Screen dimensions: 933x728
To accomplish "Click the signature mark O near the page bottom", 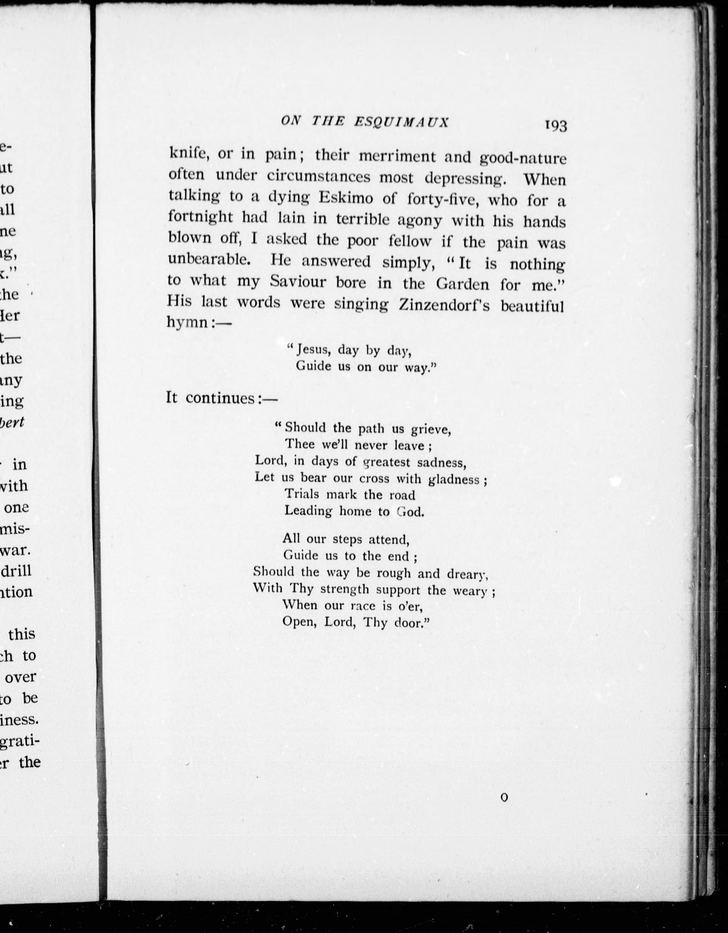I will point(505,797).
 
